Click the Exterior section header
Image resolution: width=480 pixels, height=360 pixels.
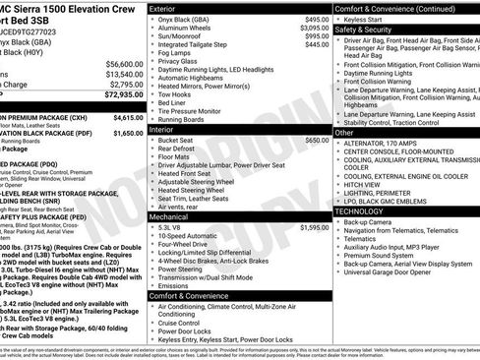point(163,8)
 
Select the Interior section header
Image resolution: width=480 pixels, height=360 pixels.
point(162,128)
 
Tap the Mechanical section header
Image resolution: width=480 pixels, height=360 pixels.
point(169,214)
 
